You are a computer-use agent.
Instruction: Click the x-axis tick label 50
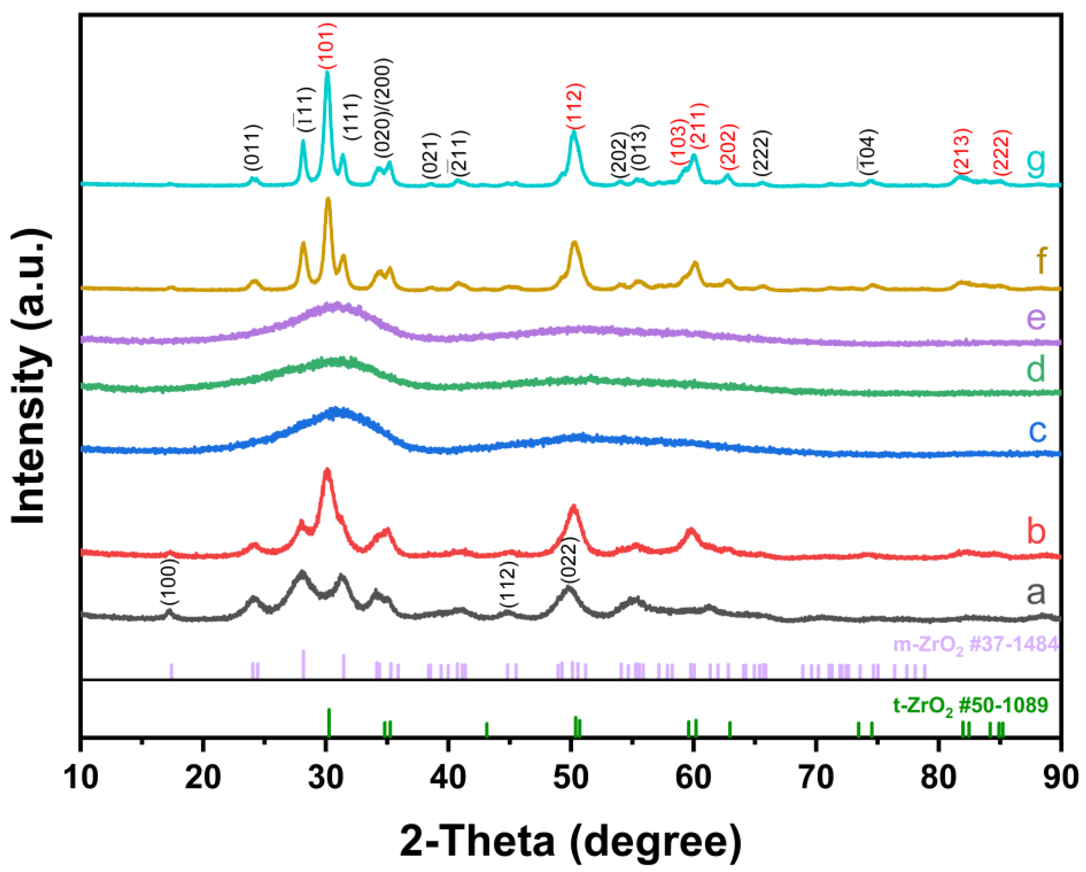[x=571, y=778]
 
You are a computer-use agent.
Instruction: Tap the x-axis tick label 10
[x=81, y=778]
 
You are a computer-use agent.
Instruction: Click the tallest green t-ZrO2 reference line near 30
[x=329, y=722]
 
